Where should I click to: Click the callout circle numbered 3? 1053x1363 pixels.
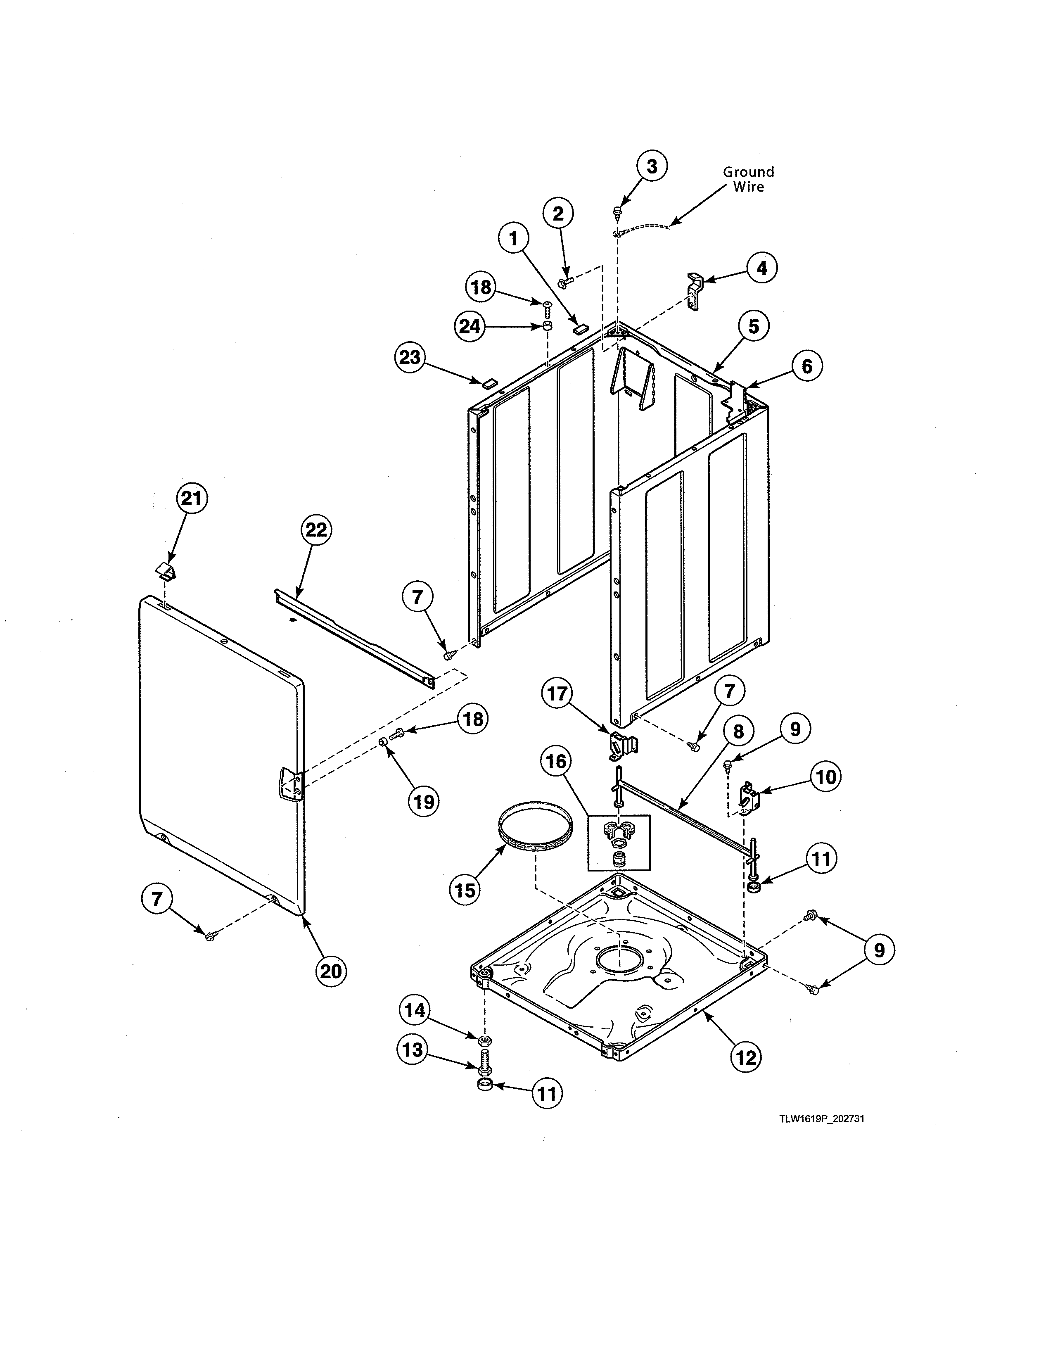click(x=651, y=166)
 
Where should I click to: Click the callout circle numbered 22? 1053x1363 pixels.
click(x=316, y=530)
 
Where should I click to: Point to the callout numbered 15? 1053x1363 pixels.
click(x=465, y=890)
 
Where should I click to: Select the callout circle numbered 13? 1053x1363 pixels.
click(x=413, y=1050)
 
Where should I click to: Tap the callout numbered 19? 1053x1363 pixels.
click(x=424, y=801)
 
